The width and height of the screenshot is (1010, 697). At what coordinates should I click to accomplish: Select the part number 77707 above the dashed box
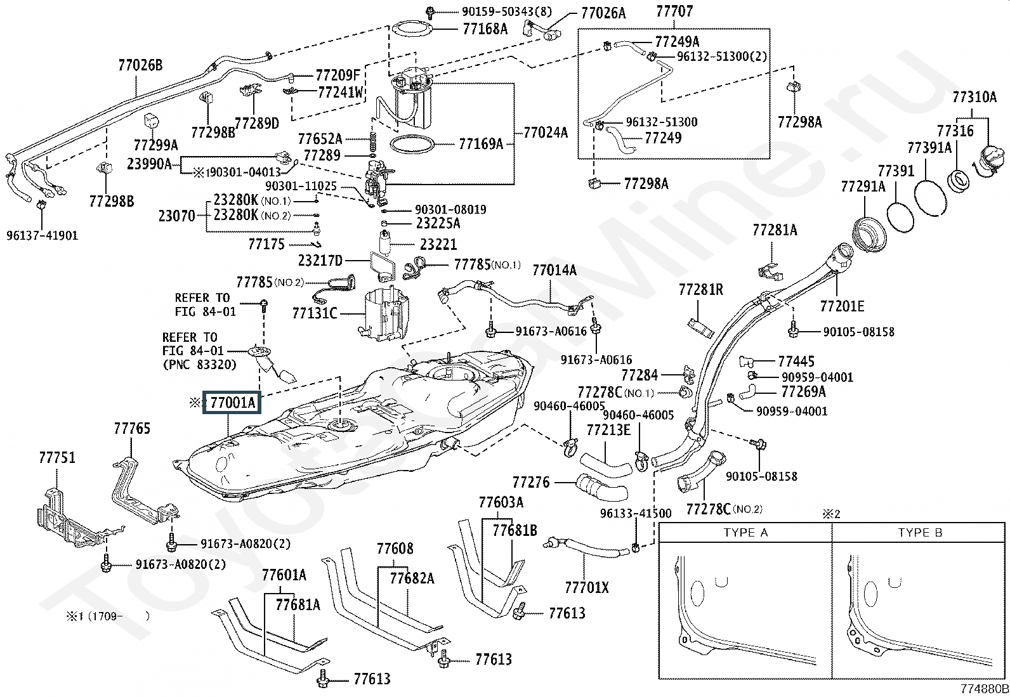674,11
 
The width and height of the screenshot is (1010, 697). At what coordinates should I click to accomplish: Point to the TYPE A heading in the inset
745,533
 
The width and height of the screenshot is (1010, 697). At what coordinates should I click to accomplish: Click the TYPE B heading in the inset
920,533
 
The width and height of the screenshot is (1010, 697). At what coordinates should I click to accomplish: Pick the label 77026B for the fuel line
140,65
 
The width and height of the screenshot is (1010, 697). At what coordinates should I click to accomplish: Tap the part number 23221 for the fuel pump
438,244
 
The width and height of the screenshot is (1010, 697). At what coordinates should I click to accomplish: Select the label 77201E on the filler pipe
842,306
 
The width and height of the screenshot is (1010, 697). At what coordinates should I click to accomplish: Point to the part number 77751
57,458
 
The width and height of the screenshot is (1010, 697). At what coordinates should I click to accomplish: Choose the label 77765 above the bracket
132,429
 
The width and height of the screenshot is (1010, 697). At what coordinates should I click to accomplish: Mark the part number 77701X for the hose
586,588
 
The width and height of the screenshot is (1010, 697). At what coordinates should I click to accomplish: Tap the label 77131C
315,313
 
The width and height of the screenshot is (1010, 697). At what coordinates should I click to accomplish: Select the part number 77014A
554,270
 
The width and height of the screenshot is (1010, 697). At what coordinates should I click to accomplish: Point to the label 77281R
700,290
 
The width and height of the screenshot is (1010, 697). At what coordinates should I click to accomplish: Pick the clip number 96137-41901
42,235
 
